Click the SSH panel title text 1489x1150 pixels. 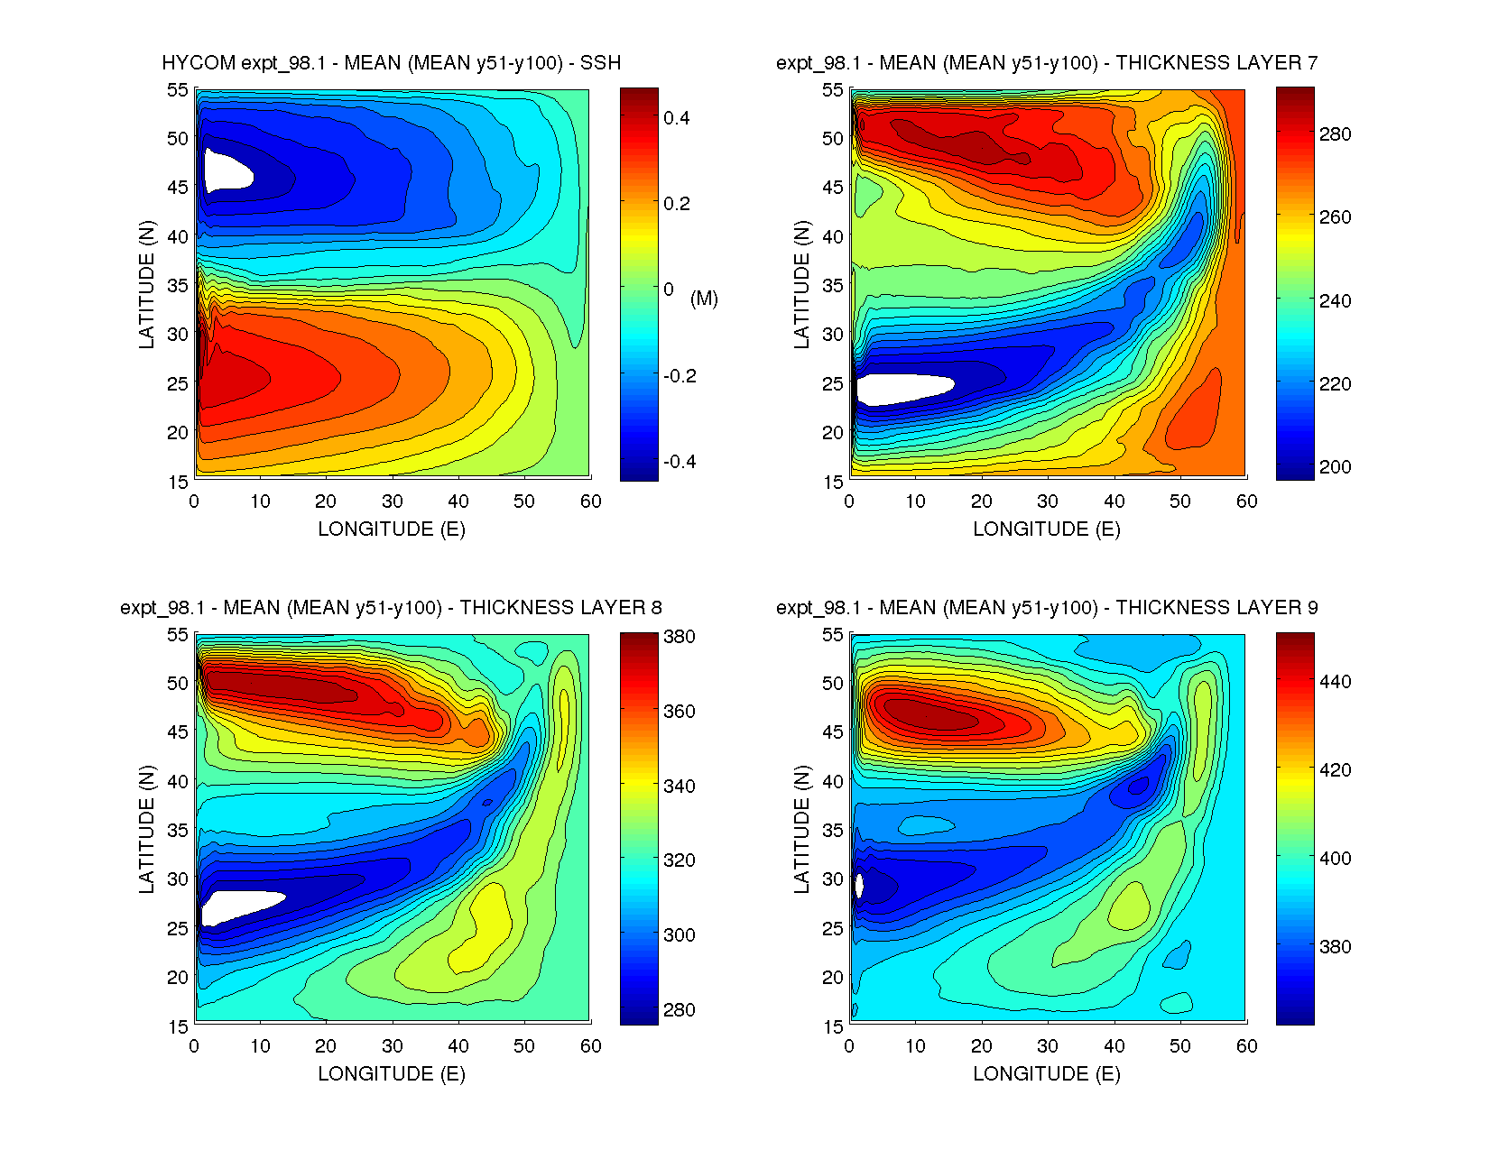[391, 63]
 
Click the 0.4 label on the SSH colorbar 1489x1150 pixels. [677, 118]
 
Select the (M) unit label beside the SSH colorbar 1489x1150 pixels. [704, 299]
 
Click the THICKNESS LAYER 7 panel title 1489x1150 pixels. [1047, 63]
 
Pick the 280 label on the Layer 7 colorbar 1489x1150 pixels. [1335, 134]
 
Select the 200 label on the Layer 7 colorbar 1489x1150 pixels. [1335, 467]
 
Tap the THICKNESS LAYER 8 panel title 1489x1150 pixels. [391, 608]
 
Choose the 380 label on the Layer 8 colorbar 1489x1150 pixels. [679, 637]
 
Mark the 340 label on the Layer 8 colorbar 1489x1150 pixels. [679, 787]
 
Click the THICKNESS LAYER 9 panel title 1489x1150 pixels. [1047, 608]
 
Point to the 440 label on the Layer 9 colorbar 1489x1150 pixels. [1335, 682]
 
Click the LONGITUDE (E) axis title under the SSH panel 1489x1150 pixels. [392, 529]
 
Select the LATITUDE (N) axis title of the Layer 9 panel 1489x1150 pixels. [801, 830]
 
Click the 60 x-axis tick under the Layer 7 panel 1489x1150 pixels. [1246, 501]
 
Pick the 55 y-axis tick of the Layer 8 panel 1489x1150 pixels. [178, 635]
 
